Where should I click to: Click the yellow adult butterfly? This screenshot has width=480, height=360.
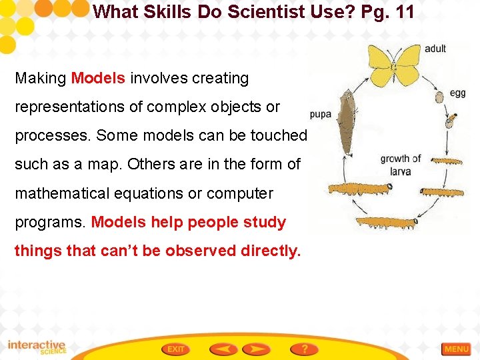[393, 63]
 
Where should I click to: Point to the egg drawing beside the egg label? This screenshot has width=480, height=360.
[439, 97]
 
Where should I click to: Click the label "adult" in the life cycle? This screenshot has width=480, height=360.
[435, 49]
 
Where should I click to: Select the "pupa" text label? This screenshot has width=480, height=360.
[321, 114]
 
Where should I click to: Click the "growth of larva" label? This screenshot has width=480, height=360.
[400, 165]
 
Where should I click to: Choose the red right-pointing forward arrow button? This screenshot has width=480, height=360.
[257, 349]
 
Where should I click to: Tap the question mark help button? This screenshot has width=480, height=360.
[305, 349]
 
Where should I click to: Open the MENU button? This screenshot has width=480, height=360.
[457, 349]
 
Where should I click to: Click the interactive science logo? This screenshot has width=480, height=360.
[37, 348]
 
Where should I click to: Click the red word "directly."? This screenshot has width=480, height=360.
[267, 251]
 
